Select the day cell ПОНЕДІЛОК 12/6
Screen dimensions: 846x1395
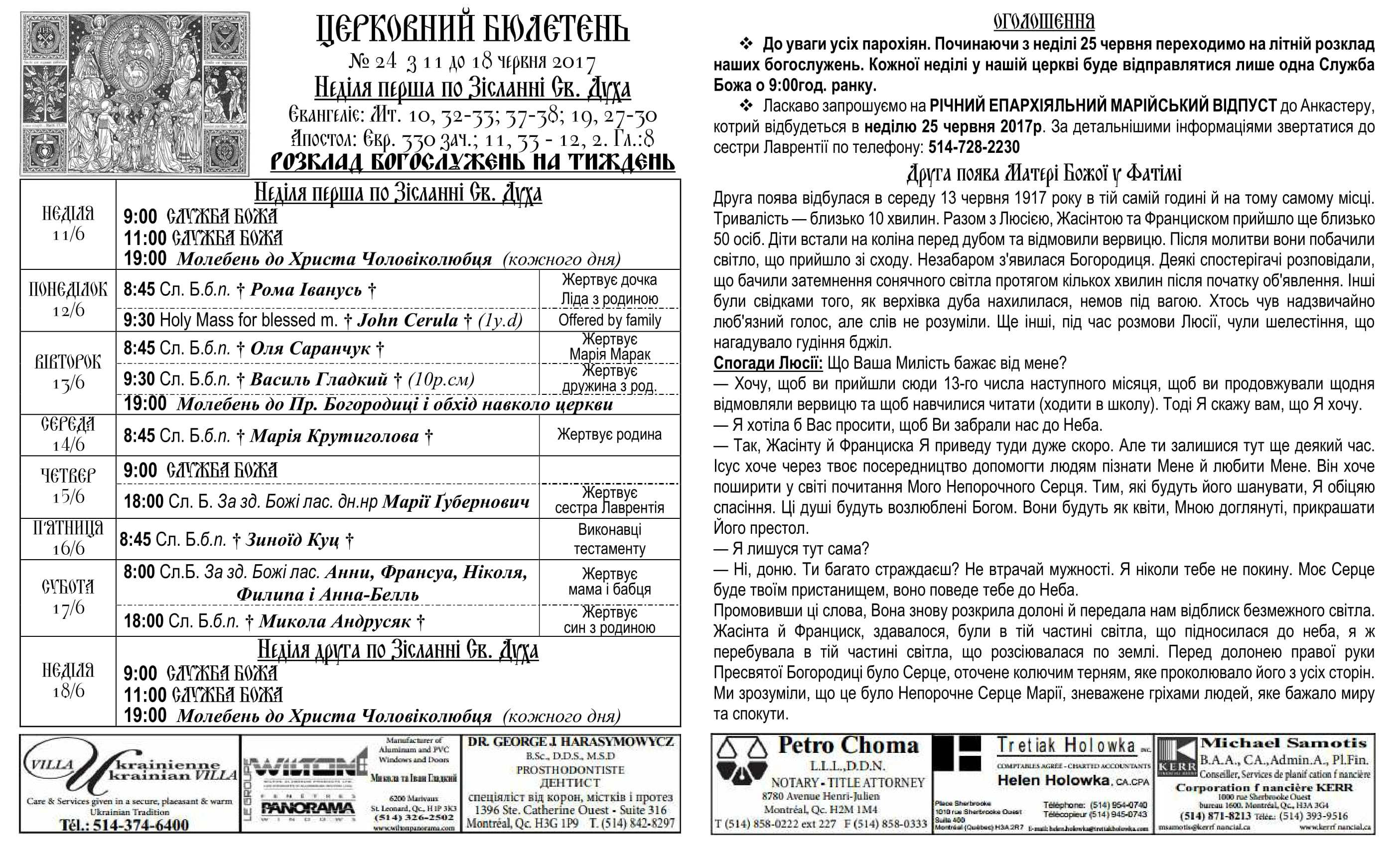pos(68,300)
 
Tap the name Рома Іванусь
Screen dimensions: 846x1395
pos(306,290)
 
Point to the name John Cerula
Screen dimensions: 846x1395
pos(408,320)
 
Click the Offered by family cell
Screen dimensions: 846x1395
pos(610,320)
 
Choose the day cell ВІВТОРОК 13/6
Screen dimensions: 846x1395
pos(68,372)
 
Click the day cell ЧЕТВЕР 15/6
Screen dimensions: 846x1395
pos(68,486)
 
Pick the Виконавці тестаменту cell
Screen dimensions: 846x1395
pos(610,539)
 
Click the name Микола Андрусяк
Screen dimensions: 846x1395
pos(335,621)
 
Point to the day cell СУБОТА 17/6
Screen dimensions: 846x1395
pos(68,597)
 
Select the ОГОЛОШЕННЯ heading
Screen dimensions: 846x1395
pos(1044,21)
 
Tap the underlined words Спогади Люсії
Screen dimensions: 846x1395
pos(768,363)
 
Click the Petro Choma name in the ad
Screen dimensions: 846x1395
pos(848,745)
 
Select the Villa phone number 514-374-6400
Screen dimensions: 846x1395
pos(140,825)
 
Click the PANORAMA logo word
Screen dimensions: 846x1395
pos(308,808)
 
